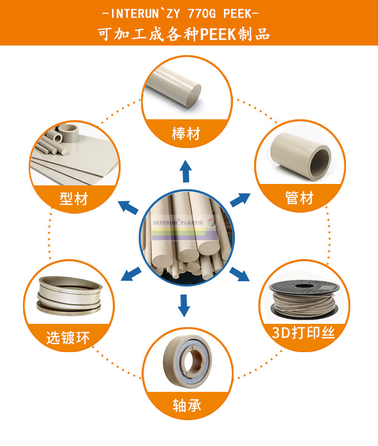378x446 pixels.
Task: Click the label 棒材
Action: pyautogui.click(x=186, y=133)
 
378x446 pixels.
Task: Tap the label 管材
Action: pyautogui.click(x=300, y=198)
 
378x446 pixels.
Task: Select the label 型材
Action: pyautogui.click(x=74, y=198)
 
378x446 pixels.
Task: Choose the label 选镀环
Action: pyautogui.click(x=68, y=338)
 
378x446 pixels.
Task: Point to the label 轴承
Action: pyautogui.click(x=187, y=405)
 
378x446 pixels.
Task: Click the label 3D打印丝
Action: pyautogui.click(x=303, y=332)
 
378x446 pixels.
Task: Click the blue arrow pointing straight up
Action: pyautogui.click(x=186, y=171)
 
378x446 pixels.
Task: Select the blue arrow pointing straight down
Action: pyautogui.click(x=184, y=306)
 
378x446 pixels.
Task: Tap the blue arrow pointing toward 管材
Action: pyautogui.click(x=240, y=200)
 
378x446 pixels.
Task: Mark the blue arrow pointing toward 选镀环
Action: pyautogui.click(x=131, y=274)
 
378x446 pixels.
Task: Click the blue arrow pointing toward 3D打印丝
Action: pyautogui.click(x=239, y=274)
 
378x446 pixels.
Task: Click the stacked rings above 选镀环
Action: pyautogui.click(x=69, y=296)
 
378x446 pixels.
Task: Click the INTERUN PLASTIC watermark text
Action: pyautogui.click(x=178, y=222)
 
